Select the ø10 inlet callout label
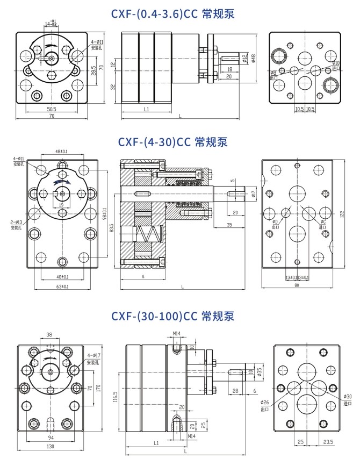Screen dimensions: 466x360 tap(336, 66)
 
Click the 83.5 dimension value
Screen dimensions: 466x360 tap(112, 228)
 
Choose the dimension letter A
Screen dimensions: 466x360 tap(143, 276)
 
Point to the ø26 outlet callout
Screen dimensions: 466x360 tap(265, 404)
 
